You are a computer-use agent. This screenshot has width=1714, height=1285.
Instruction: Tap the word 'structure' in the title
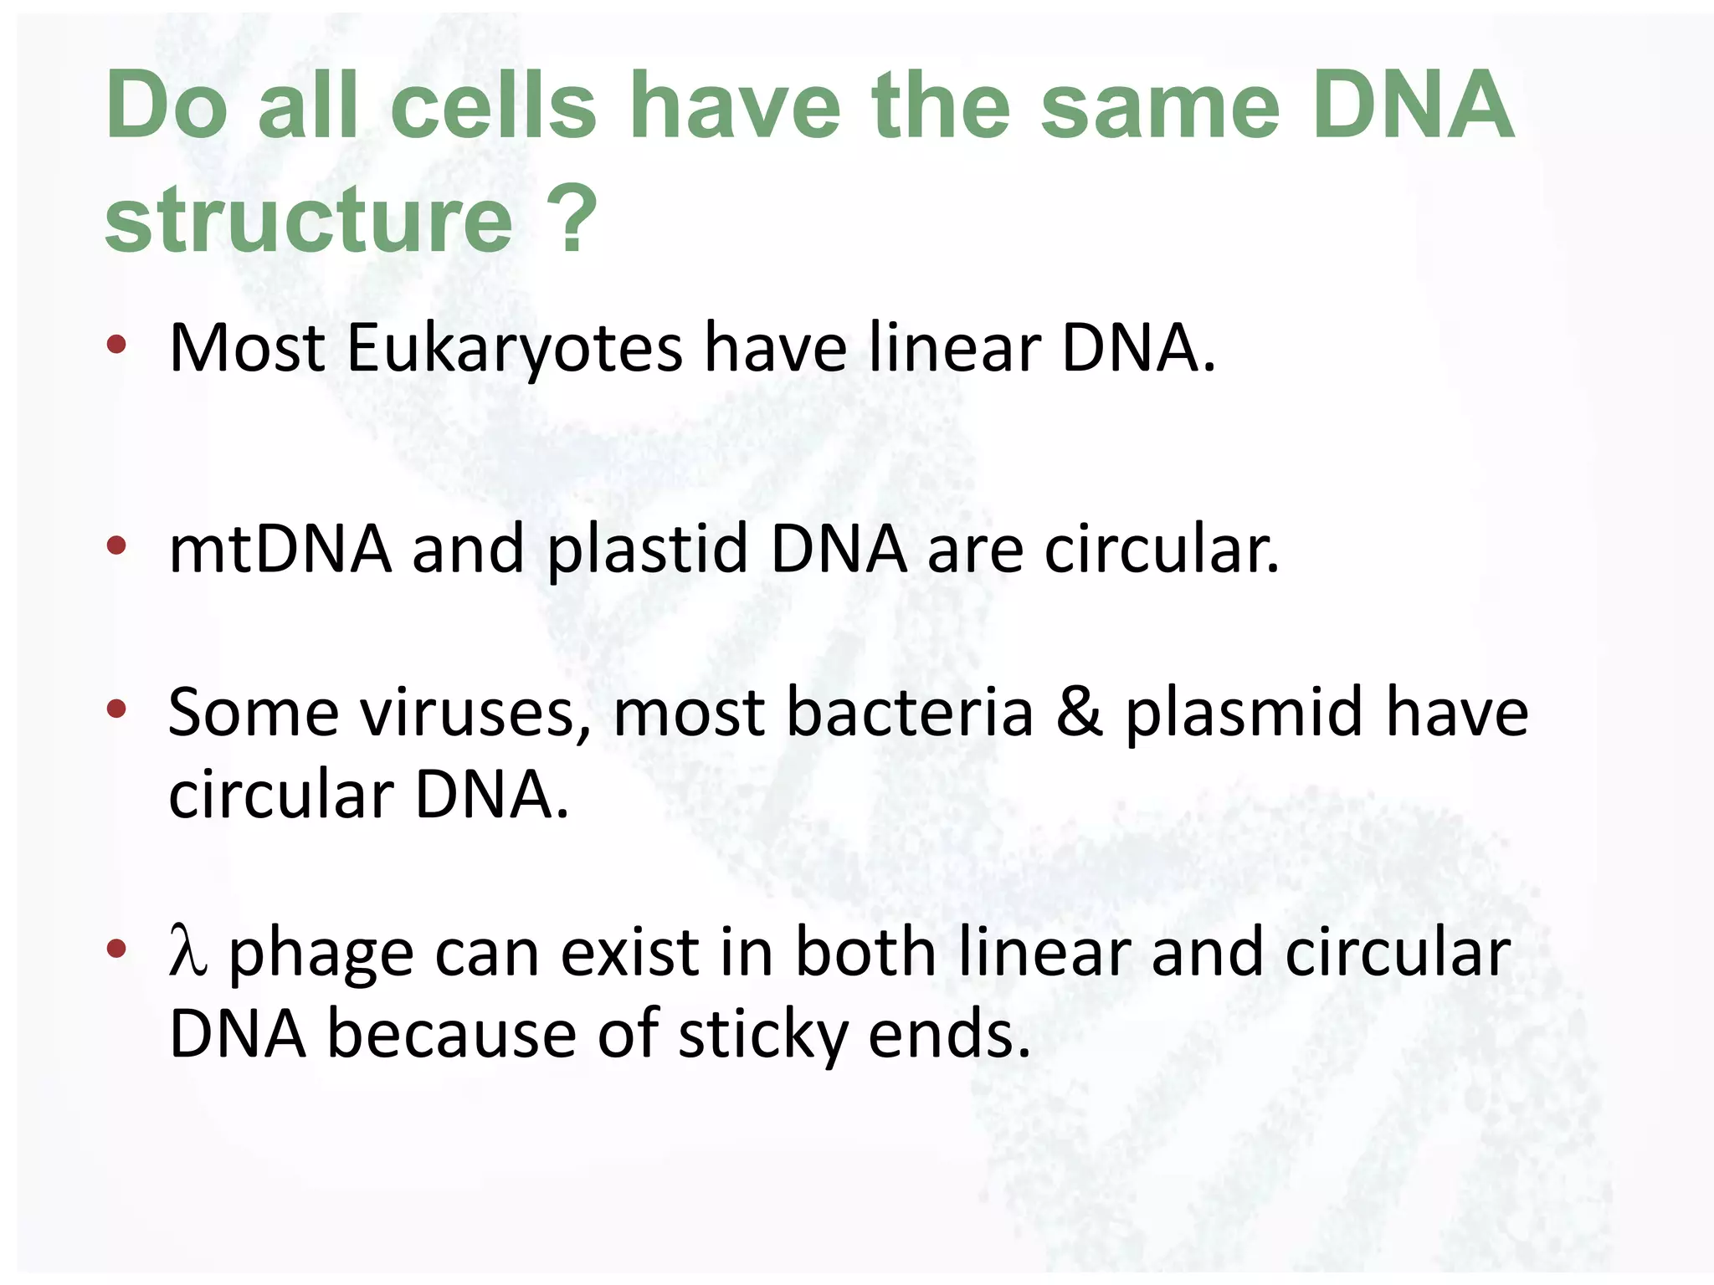(308, 220)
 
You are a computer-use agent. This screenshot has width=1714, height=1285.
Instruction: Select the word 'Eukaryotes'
(514, 347)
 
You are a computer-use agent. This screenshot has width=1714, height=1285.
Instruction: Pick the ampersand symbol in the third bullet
(1079, 712)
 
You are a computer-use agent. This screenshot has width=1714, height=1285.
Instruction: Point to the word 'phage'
(321, 955)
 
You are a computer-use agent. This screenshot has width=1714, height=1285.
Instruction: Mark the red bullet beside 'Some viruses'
(116, 709)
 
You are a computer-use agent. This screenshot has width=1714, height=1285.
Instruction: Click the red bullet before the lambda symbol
(116, 948)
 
